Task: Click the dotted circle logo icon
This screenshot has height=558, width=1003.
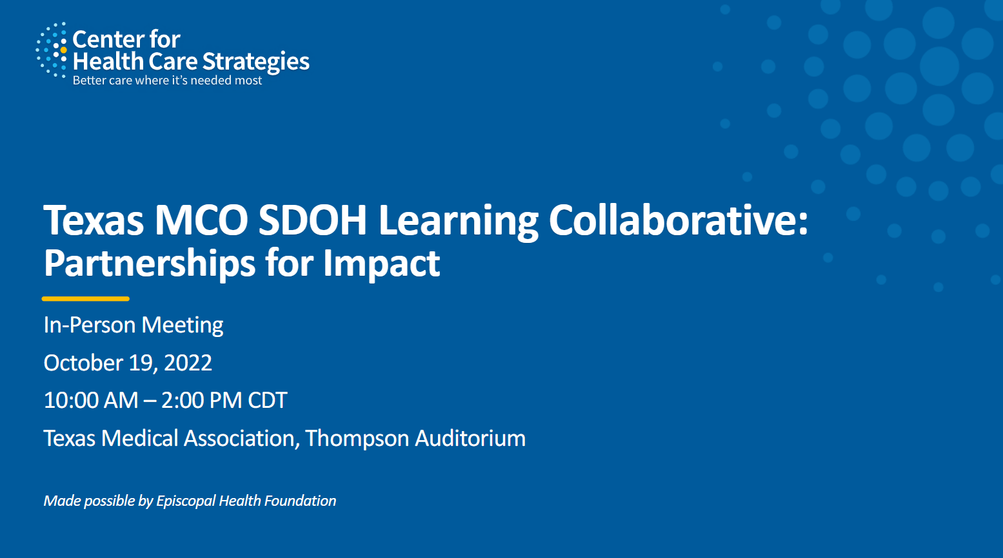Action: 52,50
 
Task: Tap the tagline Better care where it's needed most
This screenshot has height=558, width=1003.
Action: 167,81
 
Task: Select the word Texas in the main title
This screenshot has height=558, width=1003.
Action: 94,220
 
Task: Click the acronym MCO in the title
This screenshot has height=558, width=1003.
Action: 201,220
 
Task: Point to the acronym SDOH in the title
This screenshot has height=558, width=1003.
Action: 313,220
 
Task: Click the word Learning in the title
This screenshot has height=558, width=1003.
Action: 458,222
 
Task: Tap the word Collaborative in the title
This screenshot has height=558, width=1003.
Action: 673,220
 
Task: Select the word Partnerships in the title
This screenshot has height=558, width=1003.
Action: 150,264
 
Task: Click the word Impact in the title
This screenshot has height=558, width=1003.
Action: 381,264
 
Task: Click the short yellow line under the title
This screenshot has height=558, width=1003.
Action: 86,298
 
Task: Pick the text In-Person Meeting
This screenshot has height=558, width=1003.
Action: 134,325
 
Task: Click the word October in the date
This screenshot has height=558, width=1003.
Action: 84,363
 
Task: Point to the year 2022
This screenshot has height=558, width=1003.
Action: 188,363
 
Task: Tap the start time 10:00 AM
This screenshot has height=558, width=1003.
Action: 91,400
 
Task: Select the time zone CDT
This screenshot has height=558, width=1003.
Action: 267,400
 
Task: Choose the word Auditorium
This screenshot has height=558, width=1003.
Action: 470,438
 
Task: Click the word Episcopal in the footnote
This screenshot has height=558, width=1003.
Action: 185,501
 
